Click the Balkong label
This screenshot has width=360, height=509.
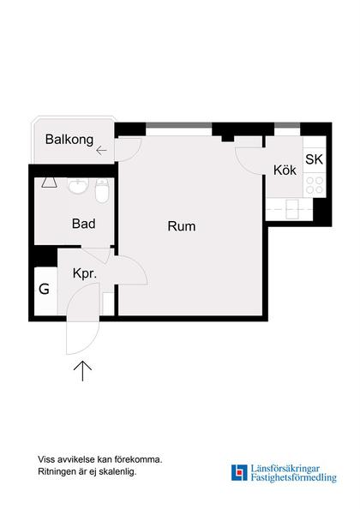pyautogui.click(x=69, y=139)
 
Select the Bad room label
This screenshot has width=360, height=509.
pyautogui.click(x=83, y=224)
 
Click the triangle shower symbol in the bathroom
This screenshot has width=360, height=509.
pyautogui.click(x=49, y=182)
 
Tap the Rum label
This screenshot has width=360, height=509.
pyautogui.click(x=181, y=227)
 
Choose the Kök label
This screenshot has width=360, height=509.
pyautogui.click(x=285, y=171)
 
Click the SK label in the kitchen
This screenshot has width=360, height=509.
pyautogui.click(x=314, y=159)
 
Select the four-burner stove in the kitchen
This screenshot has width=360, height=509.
pyautogui.click(x=314, y=183)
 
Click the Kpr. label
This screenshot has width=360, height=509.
pyautogui.click(x=84, y=274)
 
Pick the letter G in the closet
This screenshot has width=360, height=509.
pyautogui.click(x=44, y=288)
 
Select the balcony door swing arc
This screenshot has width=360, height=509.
pyautogui.click(x=129, y=150)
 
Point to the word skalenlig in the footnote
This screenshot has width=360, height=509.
pyautogui.click(x=116, y=471)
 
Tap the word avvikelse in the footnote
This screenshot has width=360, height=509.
pyautogui.click(x=74, y=458)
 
